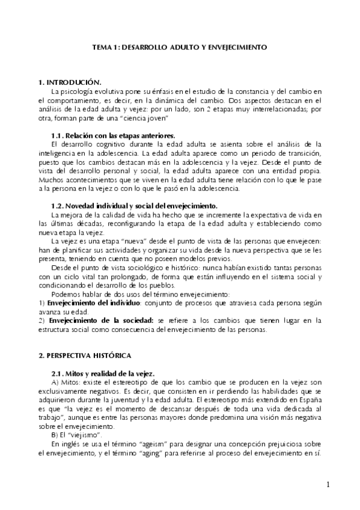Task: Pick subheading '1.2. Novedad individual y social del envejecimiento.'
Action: (135, 206)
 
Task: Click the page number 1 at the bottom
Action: (328, 484)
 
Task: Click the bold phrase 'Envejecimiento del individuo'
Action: (100, 303)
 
